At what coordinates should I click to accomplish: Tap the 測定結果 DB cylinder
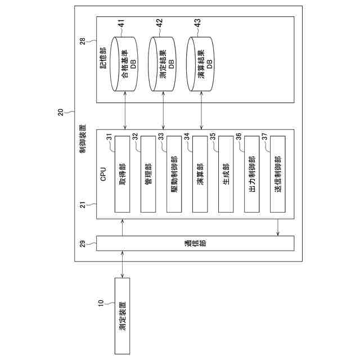coord(163,65)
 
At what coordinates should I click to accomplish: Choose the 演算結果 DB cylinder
coord(201,65)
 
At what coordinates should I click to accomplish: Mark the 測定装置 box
coord(122,315)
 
